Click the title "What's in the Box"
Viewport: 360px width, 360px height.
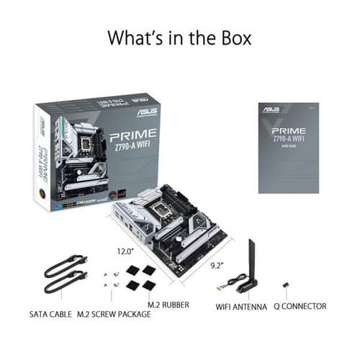click(x=179, y=37)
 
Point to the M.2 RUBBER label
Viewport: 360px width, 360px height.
click(x=168, y=306)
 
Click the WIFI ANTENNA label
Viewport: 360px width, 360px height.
click(x=241, y=306)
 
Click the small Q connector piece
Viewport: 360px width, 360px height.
click(x=286, y=286)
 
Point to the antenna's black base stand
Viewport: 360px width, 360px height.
click(x=246, y=287)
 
